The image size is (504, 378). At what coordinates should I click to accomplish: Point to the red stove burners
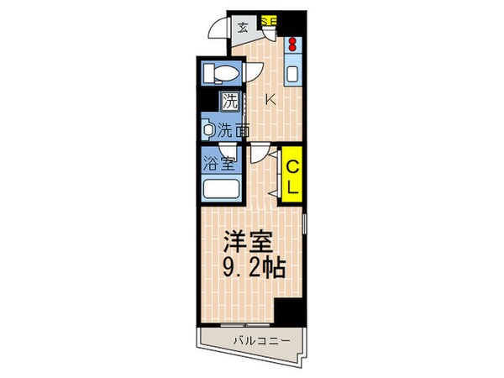[x=292, y=45]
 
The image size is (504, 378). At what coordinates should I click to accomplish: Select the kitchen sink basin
[x=292, y=73]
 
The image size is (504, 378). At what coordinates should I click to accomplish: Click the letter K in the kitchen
[x=270, y=100]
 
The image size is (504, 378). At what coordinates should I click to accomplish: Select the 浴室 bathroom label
[x=218, y=162]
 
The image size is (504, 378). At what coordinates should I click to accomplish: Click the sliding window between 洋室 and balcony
[x=244, y=323]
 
